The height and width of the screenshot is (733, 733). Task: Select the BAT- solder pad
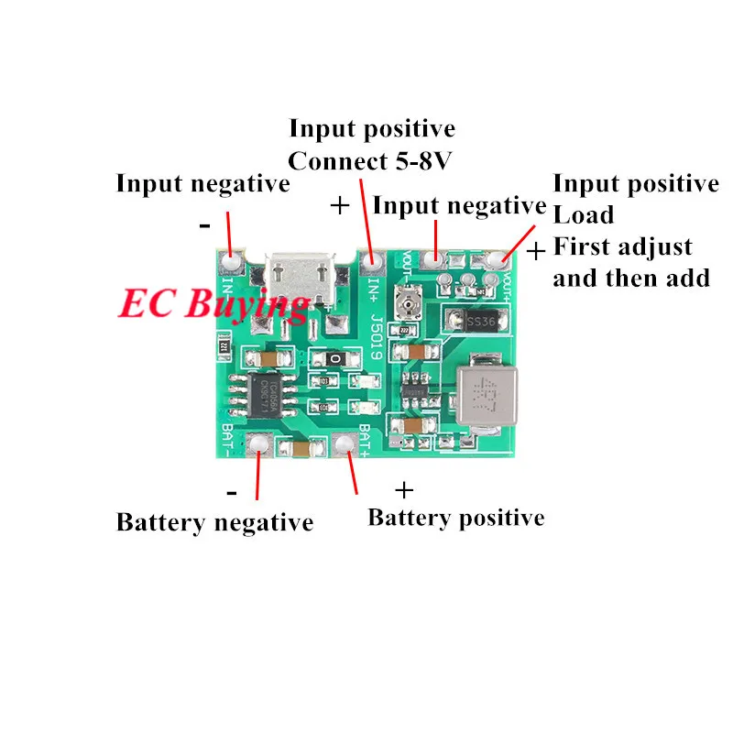pyautogui.click(x=258, y=446)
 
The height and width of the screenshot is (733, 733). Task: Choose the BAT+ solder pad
pyautogui.click(x=345, y=446)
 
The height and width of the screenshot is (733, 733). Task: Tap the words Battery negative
pyautogui.click(x=214, y=523)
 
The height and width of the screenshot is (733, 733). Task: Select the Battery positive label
pyautogui.click(x=455, y=518)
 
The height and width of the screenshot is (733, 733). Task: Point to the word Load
pyautogui.click(x=584, y=215)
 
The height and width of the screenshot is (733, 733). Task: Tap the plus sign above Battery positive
pyautogui.click(x=403, y=489)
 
